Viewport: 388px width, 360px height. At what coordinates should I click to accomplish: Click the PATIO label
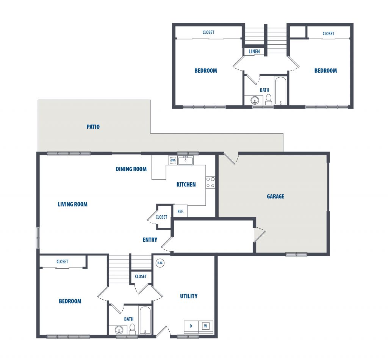(93, 127)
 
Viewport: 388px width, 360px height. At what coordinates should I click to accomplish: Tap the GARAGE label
(275, 196)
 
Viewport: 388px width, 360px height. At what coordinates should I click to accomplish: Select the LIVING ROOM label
(72, 204)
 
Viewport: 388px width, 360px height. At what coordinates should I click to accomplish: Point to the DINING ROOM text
(131, 169)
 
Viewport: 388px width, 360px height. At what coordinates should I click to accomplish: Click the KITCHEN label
(186, 185)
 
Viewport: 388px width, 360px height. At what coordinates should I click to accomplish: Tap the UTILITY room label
(189, 296)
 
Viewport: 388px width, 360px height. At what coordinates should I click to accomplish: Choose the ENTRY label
(150, 240)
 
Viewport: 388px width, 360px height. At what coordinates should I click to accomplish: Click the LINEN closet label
(254, 52)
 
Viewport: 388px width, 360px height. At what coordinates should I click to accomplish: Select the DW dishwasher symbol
(173, 160)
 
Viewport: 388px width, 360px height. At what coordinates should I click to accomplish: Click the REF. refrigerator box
(180, 211)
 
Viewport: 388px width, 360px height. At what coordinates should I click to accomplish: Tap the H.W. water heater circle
(160, 263)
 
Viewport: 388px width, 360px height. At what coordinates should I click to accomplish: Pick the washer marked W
(205, 326)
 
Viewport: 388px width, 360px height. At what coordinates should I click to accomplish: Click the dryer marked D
(191, 326)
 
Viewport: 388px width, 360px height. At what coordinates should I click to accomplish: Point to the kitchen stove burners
(210, 183)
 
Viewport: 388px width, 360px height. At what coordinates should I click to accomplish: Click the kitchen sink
(185, 160)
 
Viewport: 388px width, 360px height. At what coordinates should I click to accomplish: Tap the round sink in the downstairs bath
(119, 330)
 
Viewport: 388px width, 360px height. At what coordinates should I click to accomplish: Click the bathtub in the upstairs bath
(281, 91)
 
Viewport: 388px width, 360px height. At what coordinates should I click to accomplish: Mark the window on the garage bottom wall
(296, 254)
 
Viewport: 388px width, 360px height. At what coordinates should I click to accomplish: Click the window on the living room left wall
(38, 238)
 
